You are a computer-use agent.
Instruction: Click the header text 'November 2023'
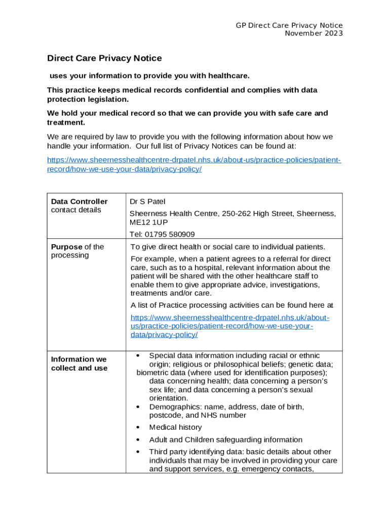pos(314,33)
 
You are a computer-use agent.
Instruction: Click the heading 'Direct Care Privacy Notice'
pos(104,58)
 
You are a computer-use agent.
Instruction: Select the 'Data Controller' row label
pos(79,201)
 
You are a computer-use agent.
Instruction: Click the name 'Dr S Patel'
pos(147,201)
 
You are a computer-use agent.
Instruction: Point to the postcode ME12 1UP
pos(148,222)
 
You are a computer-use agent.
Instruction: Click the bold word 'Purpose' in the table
pos(66,247)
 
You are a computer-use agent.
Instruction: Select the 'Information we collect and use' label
pos(79,363)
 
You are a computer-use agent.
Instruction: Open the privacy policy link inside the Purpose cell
pos(229,326)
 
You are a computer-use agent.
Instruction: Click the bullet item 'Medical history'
pos(175,427)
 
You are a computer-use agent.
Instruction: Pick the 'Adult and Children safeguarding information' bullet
pos(225,439)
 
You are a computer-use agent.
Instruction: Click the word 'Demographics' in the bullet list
pos(173,406)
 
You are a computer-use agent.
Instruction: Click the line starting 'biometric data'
pos(231,373)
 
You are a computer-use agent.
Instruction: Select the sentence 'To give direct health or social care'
pos(227,247)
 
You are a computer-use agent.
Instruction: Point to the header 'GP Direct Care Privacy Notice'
pos(289,25)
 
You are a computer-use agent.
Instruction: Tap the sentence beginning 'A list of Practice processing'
pos(231,305)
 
